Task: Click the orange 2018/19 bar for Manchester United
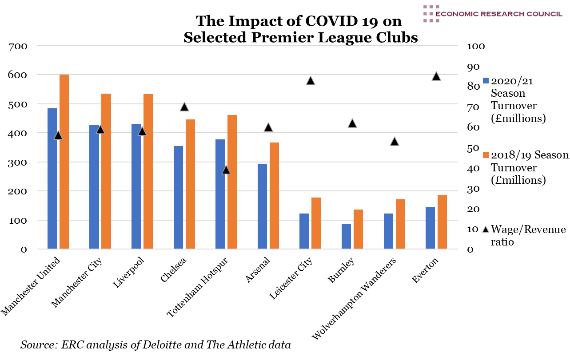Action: (64, 162)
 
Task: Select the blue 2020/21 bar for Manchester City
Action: (94, 187)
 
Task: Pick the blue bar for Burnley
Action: (346, 236)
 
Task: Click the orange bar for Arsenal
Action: (274, 196)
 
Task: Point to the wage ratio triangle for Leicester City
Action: (311, 81)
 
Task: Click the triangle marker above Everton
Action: (436, 76)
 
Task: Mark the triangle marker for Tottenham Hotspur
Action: (226, 170)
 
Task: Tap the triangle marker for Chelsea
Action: (184, 107)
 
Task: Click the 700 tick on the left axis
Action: (18, 46)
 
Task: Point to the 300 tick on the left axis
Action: (18, 162)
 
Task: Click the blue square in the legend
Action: (486, 81)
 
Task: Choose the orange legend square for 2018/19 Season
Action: (486, 155)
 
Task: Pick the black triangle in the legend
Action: (486, 229)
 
